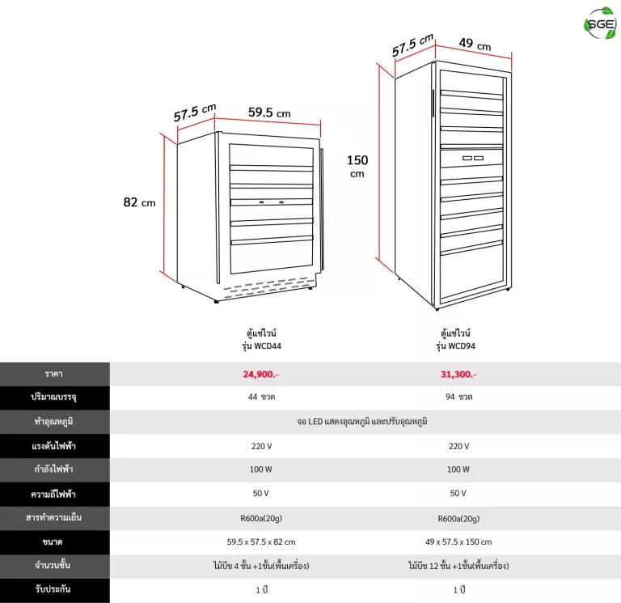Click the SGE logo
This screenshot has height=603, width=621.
coord(601,23)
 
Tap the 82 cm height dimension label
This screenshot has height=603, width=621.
coord(139,202)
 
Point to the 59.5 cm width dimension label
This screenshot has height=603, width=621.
coord(269,113)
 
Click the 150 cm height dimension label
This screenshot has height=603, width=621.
coord(357,166)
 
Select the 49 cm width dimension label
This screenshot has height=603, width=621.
coord(475,44)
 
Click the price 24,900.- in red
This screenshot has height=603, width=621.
coord(261,374)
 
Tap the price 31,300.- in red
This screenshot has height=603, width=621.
coord(458,374)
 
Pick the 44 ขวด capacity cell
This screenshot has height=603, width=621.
coord(261,397)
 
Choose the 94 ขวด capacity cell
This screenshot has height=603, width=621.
coord(458,397)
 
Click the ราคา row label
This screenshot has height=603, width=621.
coord(54,374)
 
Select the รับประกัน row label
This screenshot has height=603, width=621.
coord(53,589)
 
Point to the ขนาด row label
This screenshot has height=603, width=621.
coord(53,542)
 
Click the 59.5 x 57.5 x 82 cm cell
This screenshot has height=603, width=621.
coord(261,542)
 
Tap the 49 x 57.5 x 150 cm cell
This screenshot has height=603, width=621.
coord(458,542)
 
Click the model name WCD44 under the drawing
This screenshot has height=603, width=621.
coord(268,346)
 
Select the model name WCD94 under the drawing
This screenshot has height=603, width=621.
coord(462,346)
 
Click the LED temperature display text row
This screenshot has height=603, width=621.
coord(362,422)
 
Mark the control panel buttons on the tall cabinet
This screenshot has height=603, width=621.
coord(473,158)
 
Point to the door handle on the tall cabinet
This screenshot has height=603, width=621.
coord(433,103)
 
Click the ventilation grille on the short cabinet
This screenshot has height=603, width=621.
coord(269,287)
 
